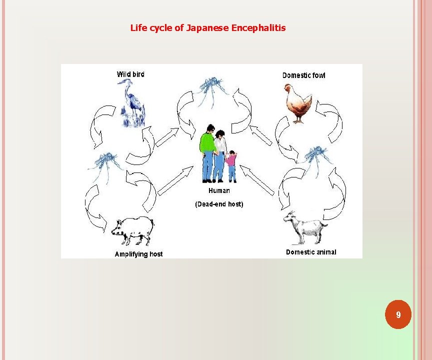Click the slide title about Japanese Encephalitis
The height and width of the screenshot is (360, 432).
coord(208,28)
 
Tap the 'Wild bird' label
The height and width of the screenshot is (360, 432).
coord(130,74)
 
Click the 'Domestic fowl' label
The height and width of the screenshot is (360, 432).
coord(303,75)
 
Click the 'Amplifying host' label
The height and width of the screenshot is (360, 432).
coord(138,254)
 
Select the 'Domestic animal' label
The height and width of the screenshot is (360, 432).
coord(311,252)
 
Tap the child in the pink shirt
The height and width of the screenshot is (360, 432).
coord(231,165)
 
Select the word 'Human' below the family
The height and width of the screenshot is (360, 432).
coord(219,190)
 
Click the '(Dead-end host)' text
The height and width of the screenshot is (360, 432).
coord(219,204)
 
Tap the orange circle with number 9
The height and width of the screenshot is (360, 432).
coord(398,314)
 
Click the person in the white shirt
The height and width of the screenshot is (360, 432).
coord(219,153)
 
